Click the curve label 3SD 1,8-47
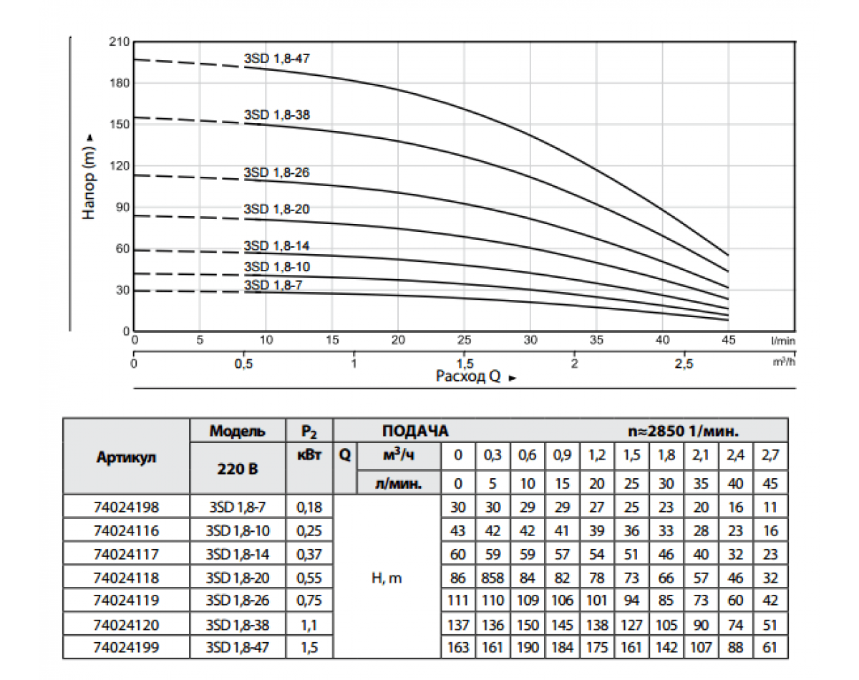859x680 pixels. (x=276, y=59)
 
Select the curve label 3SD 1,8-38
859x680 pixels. (x=276, y=115)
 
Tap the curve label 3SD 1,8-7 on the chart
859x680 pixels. (x=273, y=285)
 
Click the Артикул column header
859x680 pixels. (x=126, y=457)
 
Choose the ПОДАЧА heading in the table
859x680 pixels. (x=415, y=432)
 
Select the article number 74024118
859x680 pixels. (x=126, y=578)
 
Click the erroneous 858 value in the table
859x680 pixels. (x=492, y=578)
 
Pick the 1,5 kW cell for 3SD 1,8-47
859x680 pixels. (x=309, y=648)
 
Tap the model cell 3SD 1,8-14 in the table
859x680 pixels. (x=238, y=554)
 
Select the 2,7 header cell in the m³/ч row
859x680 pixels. (x=770, y=455)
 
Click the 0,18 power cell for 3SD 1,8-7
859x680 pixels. (x=309, y=507)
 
